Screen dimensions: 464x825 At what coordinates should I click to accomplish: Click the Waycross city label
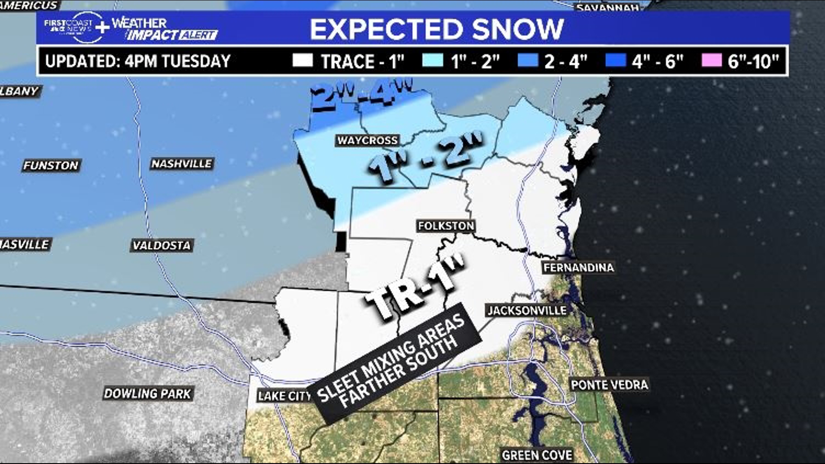click(367, 140)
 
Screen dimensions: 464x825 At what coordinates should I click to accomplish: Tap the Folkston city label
click(446, 226)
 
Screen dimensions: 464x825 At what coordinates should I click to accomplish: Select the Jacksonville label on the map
click(527, 310)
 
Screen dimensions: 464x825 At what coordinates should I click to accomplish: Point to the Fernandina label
click(578, 268)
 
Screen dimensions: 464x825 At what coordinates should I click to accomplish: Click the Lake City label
click(284, 396)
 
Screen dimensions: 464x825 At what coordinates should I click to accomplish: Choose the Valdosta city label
click(162, 245)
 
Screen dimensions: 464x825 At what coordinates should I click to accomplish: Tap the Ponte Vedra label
click(609, 385)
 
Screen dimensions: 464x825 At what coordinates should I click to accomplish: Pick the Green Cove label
click(537, 455)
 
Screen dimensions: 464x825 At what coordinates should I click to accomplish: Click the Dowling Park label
click(147, 394)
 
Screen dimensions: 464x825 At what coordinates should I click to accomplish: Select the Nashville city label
click(182, 164)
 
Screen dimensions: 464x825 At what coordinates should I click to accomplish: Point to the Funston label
click(51, 165)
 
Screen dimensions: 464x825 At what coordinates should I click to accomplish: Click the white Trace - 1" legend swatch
click(302, 61)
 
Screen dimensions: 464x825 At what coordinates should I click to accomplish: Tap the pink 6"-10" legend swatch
click(711, 61)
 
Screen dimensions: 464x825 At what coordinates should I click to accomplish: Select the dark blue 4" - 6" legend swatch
click(615, 61)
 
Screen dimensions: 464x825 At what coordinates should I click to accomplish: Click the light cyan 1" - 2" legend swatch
click(432, 61)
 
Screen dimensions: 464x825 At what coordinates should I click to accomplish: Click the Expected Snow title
click(436, 29)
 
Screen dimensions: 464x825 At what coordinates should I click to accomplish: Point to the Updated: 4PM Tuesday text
click(138, 61)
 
